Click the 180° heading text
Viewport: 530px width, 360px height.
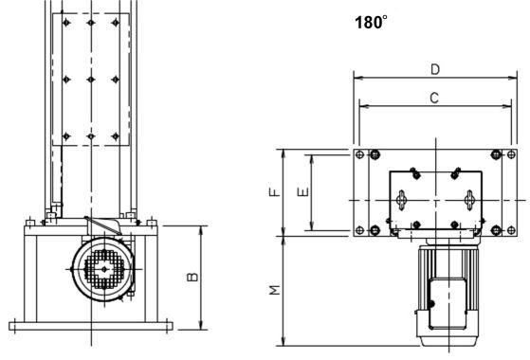[x=371, y=23]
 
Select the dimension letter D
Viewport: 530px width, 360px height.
[x=435, y=69]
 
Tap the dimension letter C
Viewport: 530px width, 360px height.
[x=434, y=98]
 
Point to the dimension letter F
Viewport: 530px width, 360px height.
[x=275, y=192]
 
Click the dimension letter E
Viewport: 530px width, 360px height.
[x=303, y=191]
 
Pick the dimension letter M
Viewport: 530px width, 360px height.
[x=275, y=290]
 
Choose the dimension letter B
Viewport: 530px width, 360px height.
[x=192, y=277]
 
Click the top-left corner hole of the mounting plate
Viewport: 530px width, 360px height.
[x=360, y=154]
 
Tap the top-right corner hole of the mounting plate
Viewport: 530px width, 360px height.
[x=511, y=154]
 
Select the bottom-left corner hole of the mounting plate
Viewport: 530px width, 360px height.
[x=360, y=230]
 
